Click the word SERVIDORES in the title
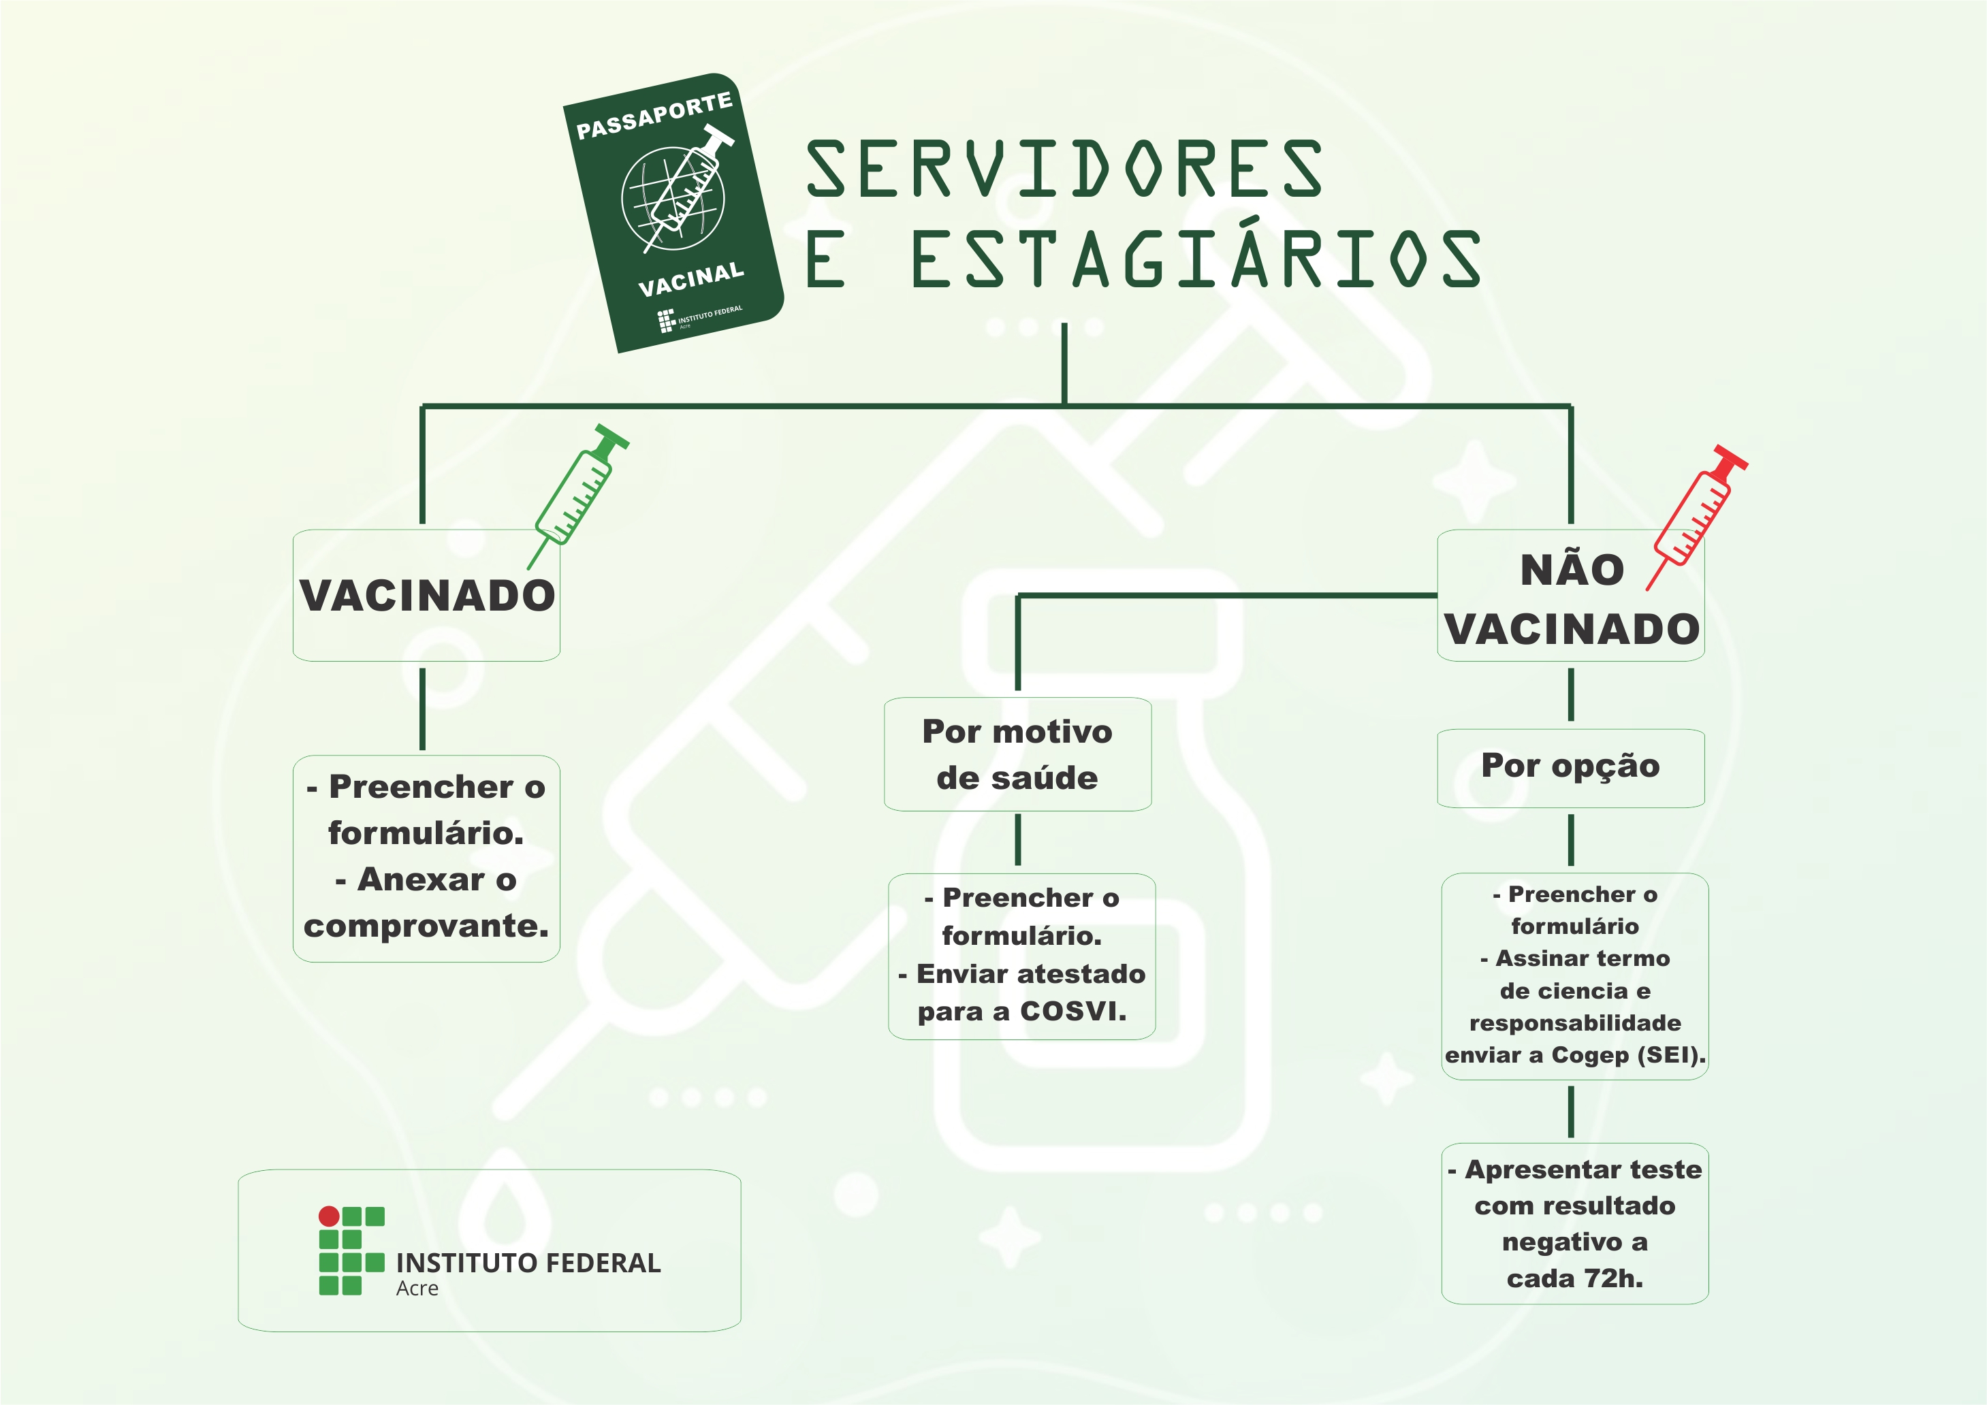pyautogui.click(x=1064, y=168)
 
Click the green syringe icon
pyautogui.click(x=580, y=493)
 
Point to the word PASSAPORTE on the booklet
pyautogui.click(x=654, y=116)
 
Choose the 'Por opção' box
pyautogui.click(x=1571, y=766)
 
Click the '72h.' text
pyautogui.click(x=1617, y=1278)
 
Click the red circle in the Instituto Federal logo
pyautogui.click(x=329, y=1216)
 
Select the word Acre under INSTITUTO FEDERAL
pyautogui.click(x=417, y=1288)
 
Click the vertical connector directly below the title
pyautogui.click(x=1064, y=364)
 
